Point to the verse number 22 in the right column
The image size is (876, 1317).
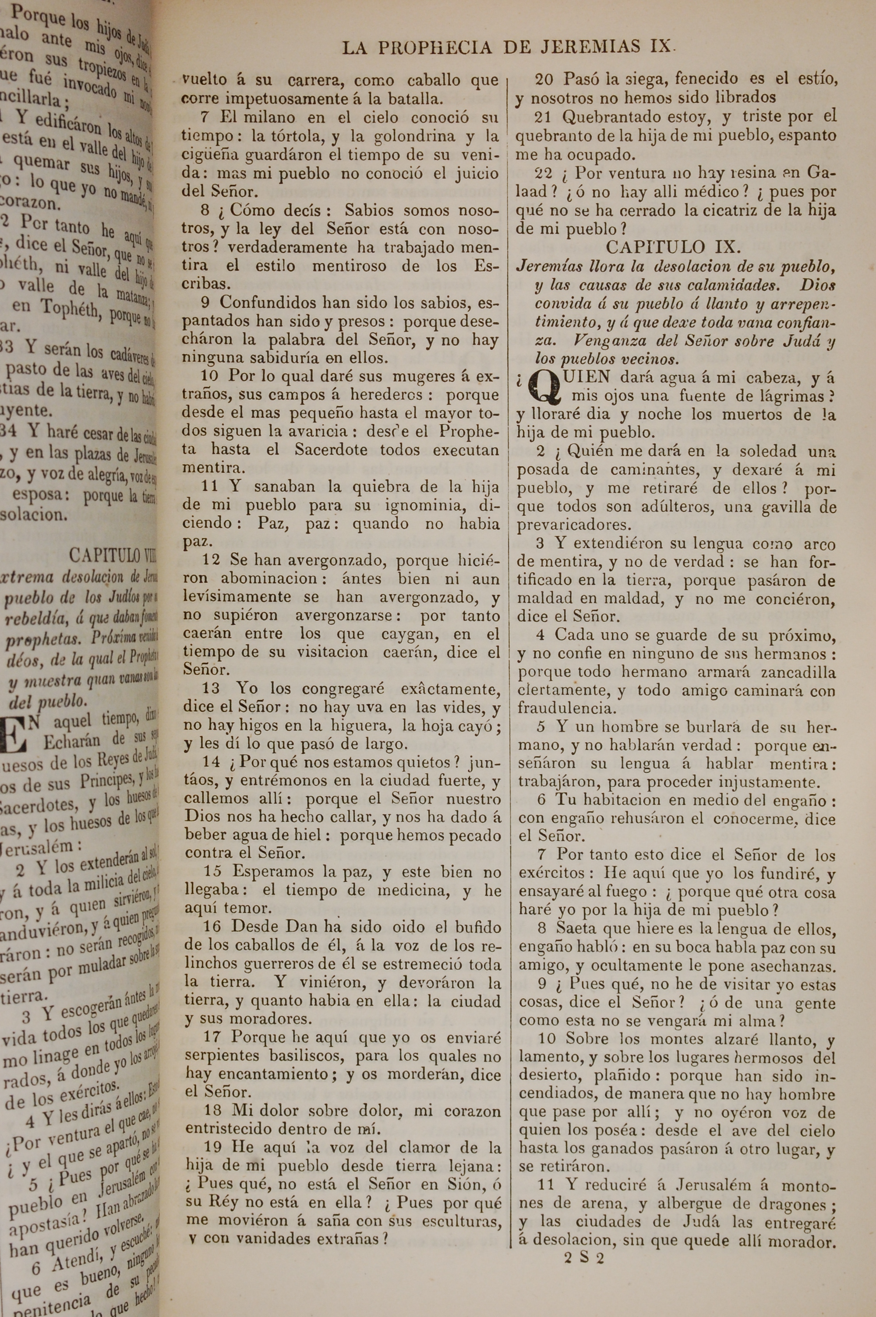[x=544, y=173]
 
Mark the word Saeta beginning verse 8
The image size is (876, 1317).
[x=576, y=929]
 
